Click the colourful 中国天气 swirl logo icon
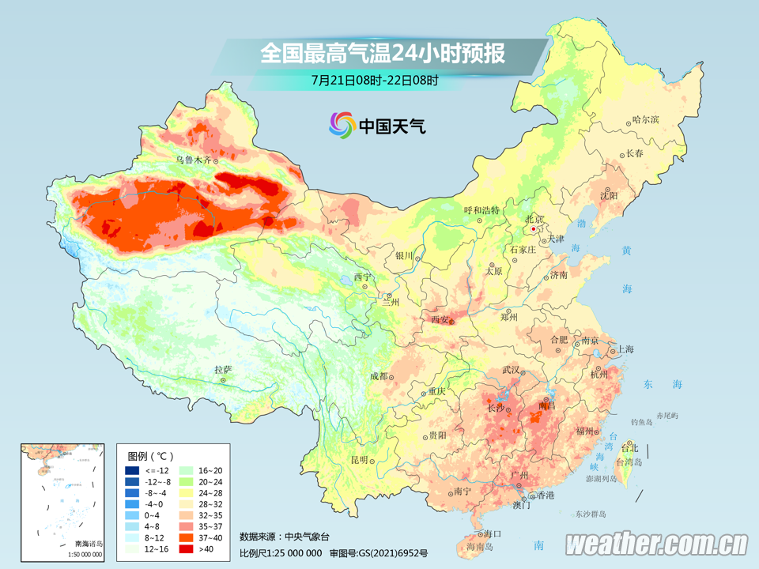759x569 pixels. click(x=342, y=124)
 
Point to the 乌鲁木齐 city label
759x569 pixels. click(x=194, y=160)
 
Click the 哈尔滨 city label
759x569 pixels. click(x=645, y=119)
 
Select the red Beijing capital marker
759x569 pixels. click(x=534, y=228)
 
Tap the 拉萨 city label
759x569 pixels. click(x=223, y=369)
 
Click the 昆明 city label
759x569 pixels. click(x=360, y=460)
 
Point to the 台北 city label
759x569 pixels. click(x=629, y=447)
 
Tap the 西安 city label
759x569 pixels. click(x=440, y=320)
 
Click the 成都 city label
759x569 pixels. click(x=379, y=376)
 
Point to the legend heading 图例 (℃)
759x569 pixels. click(x=149, y=456)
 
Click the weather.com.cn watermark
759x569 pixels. click(x=656, y=543)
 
